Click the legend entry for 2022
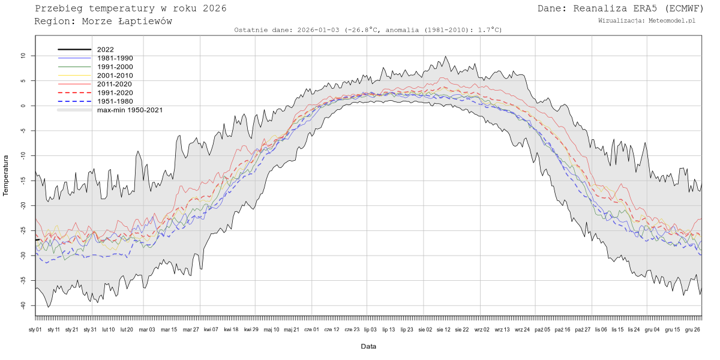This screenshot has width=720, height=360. coord(105,50)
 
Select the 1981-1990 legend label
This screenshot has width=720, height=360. coord(115,58)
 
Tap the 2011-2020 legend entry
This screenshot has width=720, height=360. coord(115,84)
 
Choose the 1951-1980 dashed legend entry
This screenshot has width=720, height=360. coord(115,101)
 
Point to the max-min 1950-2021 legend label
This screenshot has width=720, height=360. coord(130,110)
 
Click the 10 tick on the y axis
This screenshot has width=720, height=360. coord(23,56)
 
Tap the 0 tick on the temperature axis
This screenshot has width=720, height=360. coord(23,106)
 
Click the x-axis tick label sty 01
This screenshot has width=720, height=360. coord(35,329)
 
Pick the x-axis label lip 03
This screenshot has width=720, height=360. coord(371,329)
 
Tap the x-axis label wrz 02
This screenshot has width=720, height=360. coord(482,329)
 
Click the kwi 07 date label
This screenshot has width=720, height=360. coord(211,329)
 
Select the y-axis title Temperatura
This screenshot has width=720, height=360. coord(7,175)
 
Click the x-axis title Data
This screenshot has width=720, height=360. coord(368,346)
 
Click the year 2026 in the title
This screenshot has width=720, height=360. coord(214,8)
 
